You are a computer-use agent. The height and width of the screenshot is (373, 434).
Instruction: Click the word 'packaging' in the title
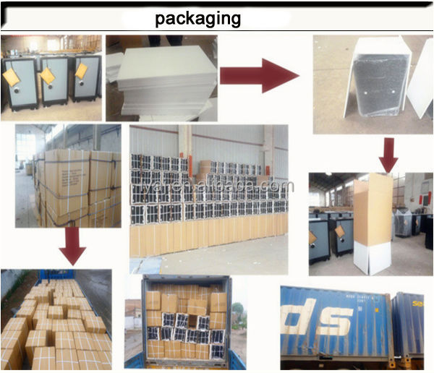197,17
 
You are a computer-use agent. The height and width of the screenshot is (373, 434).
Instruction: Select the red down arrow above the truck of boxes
72,246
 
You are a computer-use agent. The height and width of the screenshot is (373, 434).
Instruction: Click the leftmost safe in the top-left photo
20,82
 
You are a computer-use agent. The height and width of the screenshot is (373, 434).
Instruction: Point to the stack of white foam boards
161,80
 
